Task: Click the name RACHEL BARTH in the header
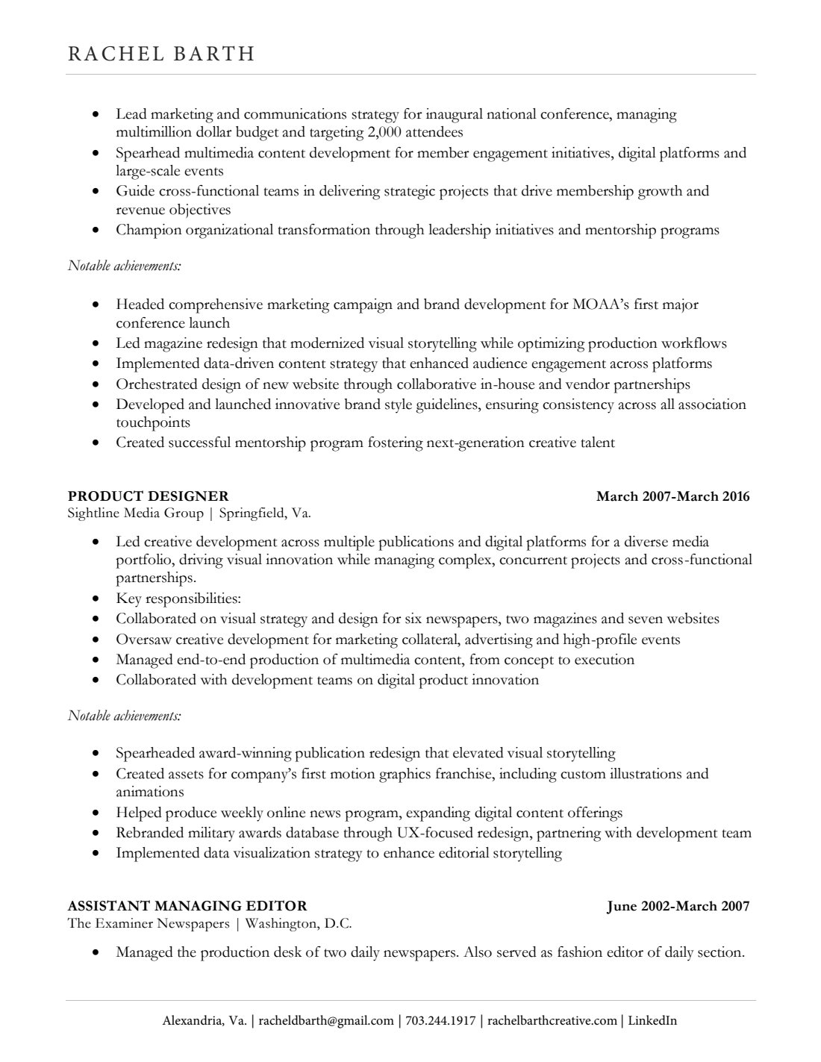pos(161,54)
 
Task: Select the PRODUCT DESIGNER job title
pos(148,496)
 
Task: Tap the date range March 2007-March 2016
pos(672,496)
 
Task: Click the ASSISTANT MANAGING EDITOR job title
pos(187,906)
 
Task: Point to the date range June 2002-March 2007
pos(678,906)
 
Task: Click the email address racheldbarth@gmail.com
pos(326,1021)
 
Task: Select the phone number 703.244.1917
pos(440,1021)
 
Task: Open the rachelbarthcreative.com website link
pos(552,1021)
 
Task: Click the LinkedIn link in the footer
pos(652,1021)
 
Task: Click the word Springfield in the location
pos(253,513)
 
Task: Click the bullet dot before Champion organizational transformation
pos(95,231)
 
